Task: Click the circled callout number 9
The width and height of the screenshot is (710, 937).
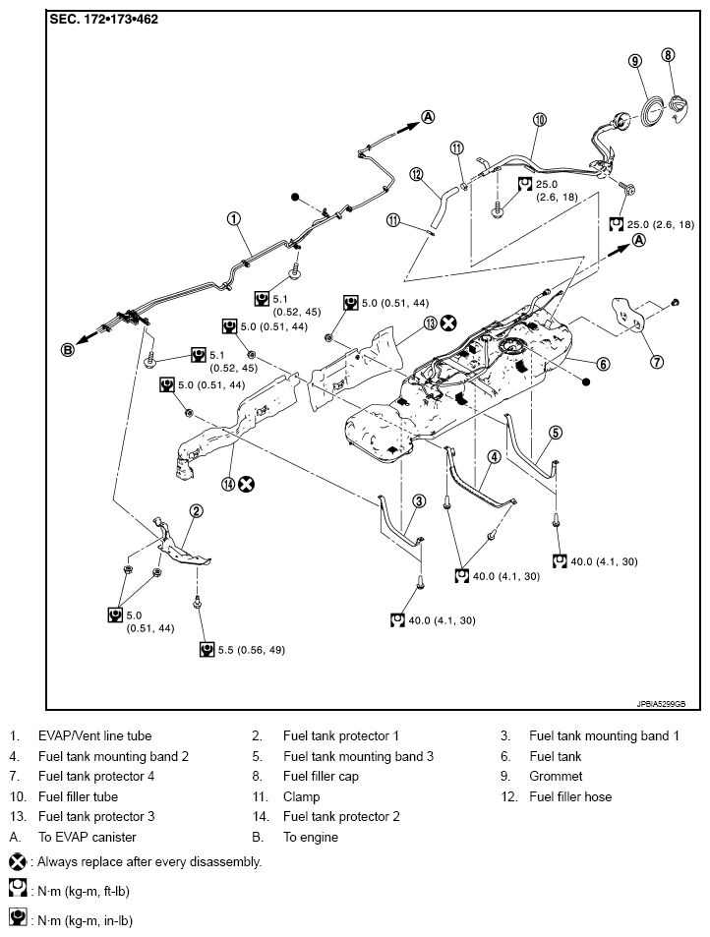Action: pos(635,61)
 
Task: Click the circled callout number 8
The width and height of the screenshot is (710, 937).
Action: pos(669,55)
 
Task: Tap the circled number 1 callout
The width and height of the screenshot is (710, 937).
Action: pos(234,219)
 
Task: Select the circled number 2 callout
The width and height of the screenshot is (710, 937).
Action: pos(197,510)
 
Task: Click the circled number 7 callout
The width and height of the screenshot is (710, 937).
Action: pos(657,361)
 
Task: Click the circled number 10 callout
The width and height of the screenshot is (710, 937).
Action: pos(539,120)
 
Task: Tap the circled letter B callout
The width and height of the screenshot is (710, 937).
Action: pos(68,350)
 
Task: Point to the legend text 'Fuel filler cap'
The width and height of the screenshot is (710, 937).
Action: pos(321,776)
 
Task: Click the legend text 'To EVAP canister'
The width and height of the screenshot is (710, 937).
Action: pos(87,837)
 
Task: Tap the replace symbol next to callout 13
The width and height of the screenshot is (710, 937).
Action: pos(448,322)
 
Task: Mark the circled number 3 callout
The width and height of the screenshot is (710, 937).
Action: pos(419,500)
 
